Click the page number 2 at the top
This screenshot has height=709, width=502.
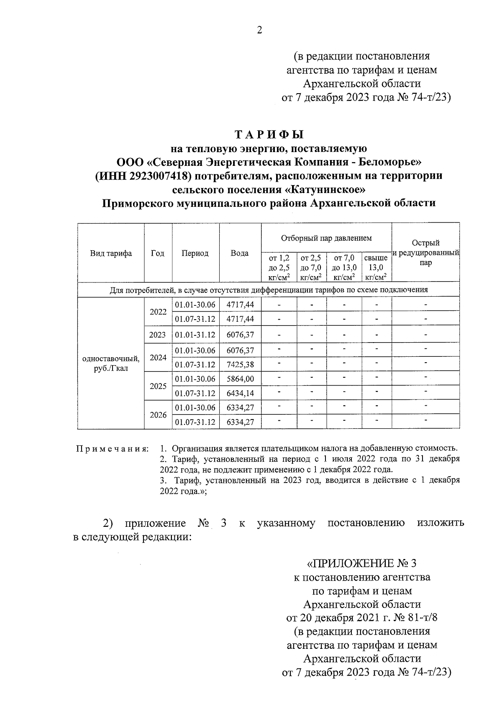coord(259,30)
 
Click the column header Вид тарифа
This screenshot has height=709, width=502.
coord(111,253)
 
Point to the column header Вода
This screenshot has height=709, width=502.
coord(240,253)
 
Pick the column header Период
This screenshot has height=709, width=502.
coord(195,253)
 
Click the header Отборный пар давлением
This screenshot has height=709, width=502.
coord(326,238)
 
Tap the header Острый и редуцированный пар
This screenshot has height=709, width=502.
coord(425,253)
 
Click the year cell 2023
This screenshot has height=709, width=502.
coord(158,335)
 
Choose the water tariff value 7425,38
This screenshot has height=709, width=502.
coord(240,365)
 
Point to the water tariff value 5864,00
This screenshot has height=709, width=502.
coord(240,379)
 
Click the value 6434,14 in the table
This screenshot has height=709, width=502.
coord(240,393)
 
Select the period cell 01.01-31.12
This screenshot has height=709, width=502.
coord(195,335)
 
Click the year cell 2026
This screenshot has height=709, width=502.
coord(158,415)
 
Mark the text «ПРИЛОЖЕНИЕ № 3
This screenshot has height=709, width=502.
coord(362,564)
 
